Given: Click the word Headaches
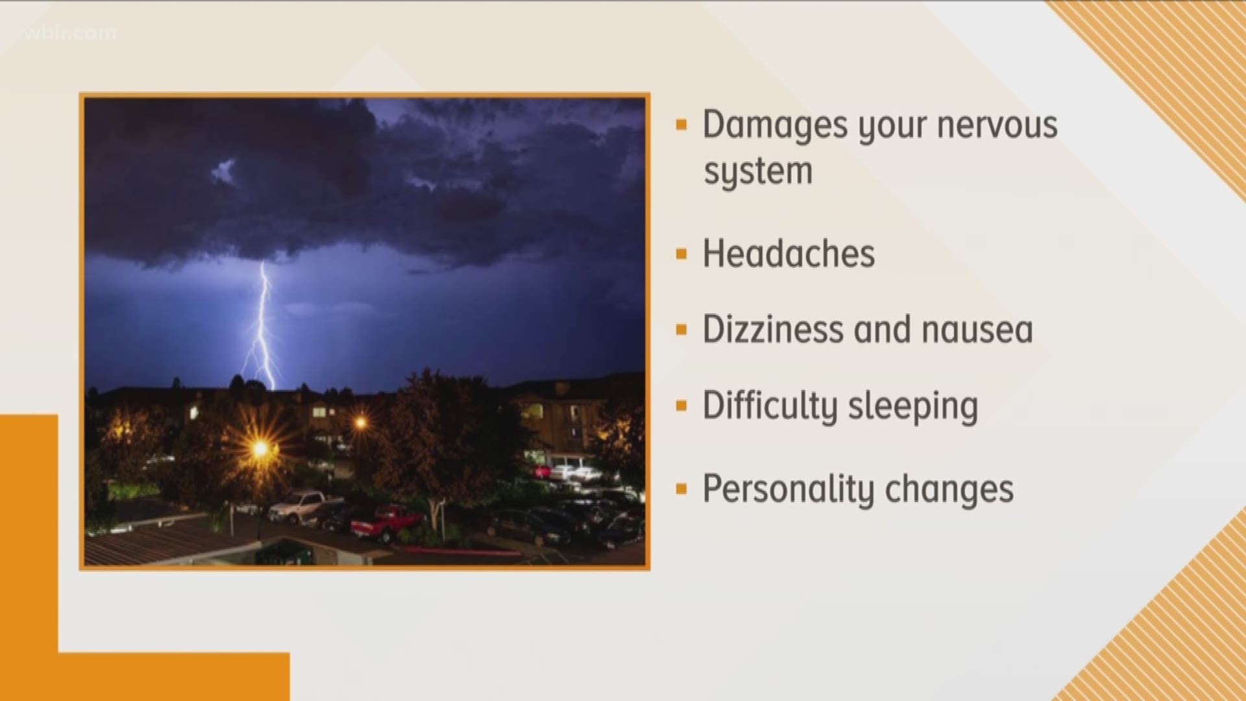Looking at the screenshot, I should [x=788, y=254].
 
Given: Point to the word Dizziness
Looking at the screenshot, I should [x=773, y=330].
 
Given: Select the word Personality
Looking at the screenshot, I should [x=778, y=489].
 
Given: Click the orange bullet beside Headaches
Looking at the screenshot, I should [x=681, y=254].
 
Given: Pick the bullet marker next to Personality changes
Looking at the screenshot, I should [x=681, y=489].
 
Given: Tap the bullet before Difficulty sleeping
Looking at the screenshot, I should [x=681, y=407].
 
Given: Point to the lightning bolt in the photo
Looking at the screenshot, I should [x=262, y=325].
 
